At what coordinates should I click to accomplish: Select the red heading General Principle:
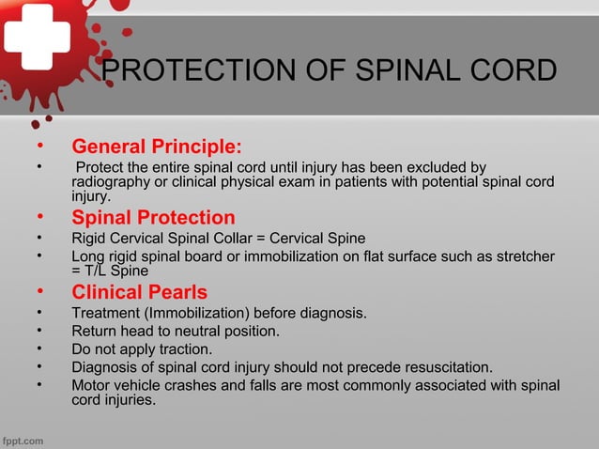tap(157, 147)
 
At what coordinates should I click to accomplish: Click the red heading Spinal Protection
tap(153, 218)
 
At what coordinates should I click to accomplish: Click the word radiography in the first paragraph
tap(112, 182)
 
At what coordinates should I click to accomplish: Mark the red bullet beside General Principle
tap(38, 147)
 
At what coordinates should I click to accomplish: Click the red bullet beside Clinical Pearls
tap(38, 291)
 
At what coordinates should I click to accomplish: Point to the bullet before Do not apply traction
tap(38, 348)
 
